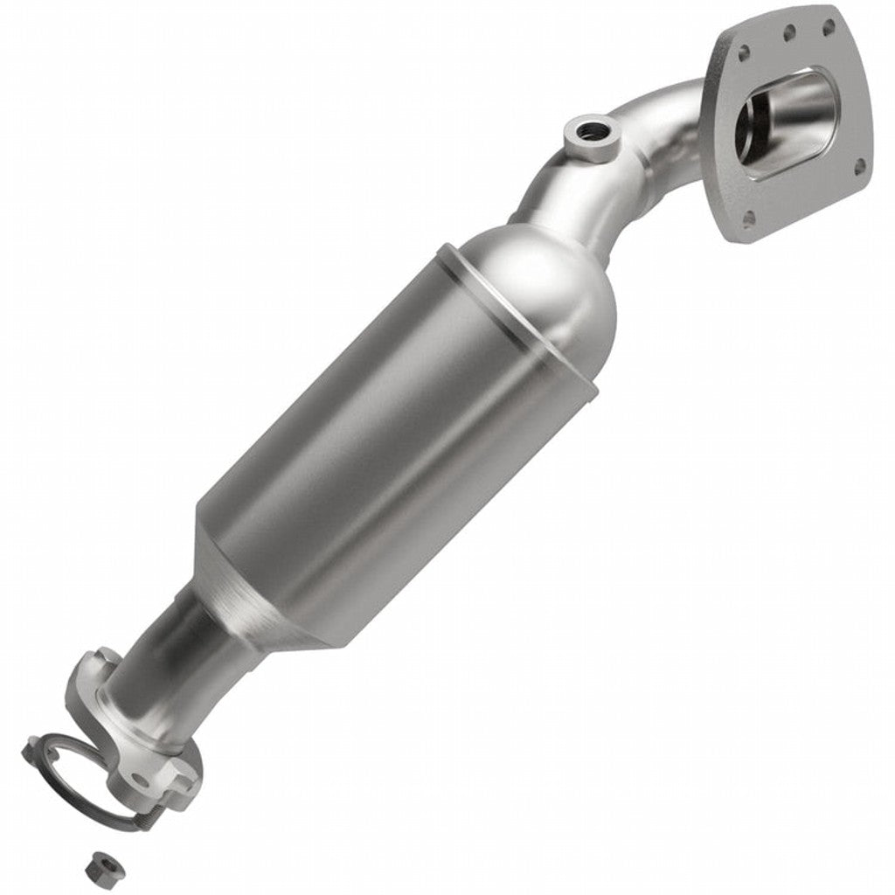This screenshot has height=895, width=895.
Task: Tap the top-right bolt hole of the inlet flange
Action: coord(828,26)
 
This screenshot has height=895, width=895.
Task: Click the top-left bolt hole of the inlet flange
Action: coord(744,53)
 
